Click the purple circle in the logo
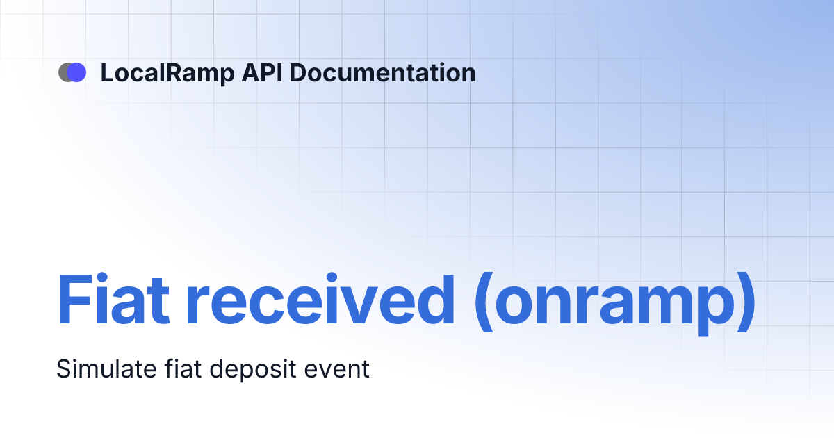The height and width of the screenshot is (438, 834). [77, 72]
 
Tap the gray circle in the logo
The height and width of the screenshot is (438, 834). [64, 72]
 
